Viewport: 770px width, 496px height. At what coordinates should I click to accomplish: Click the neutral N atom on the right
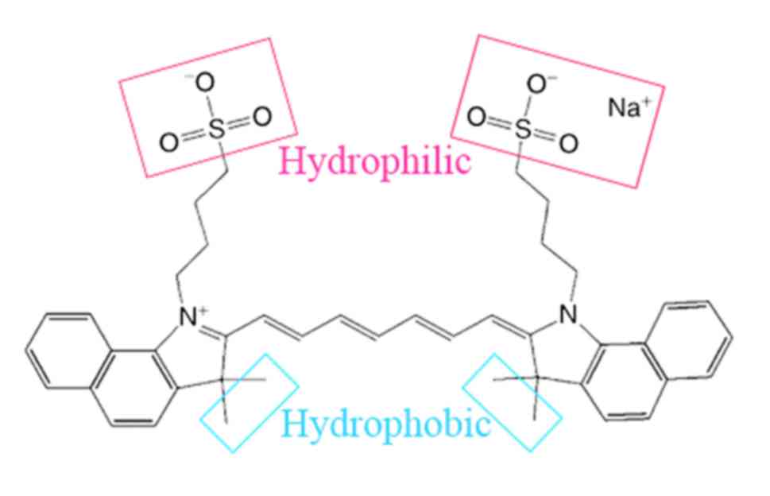(567, 316)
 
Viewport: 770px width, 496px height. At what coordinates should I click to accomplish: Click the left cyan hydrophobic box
(248, 402)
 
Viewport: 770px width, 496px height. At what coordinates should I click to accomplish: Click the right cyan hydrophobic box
(513, 401)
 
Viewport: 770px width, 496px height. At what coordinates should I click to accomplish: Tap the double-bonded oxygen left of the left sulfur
(168, 143)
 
